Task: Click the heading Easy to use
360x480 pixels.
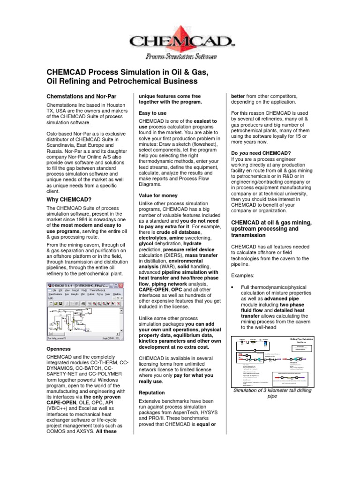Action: coord(152,113)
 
